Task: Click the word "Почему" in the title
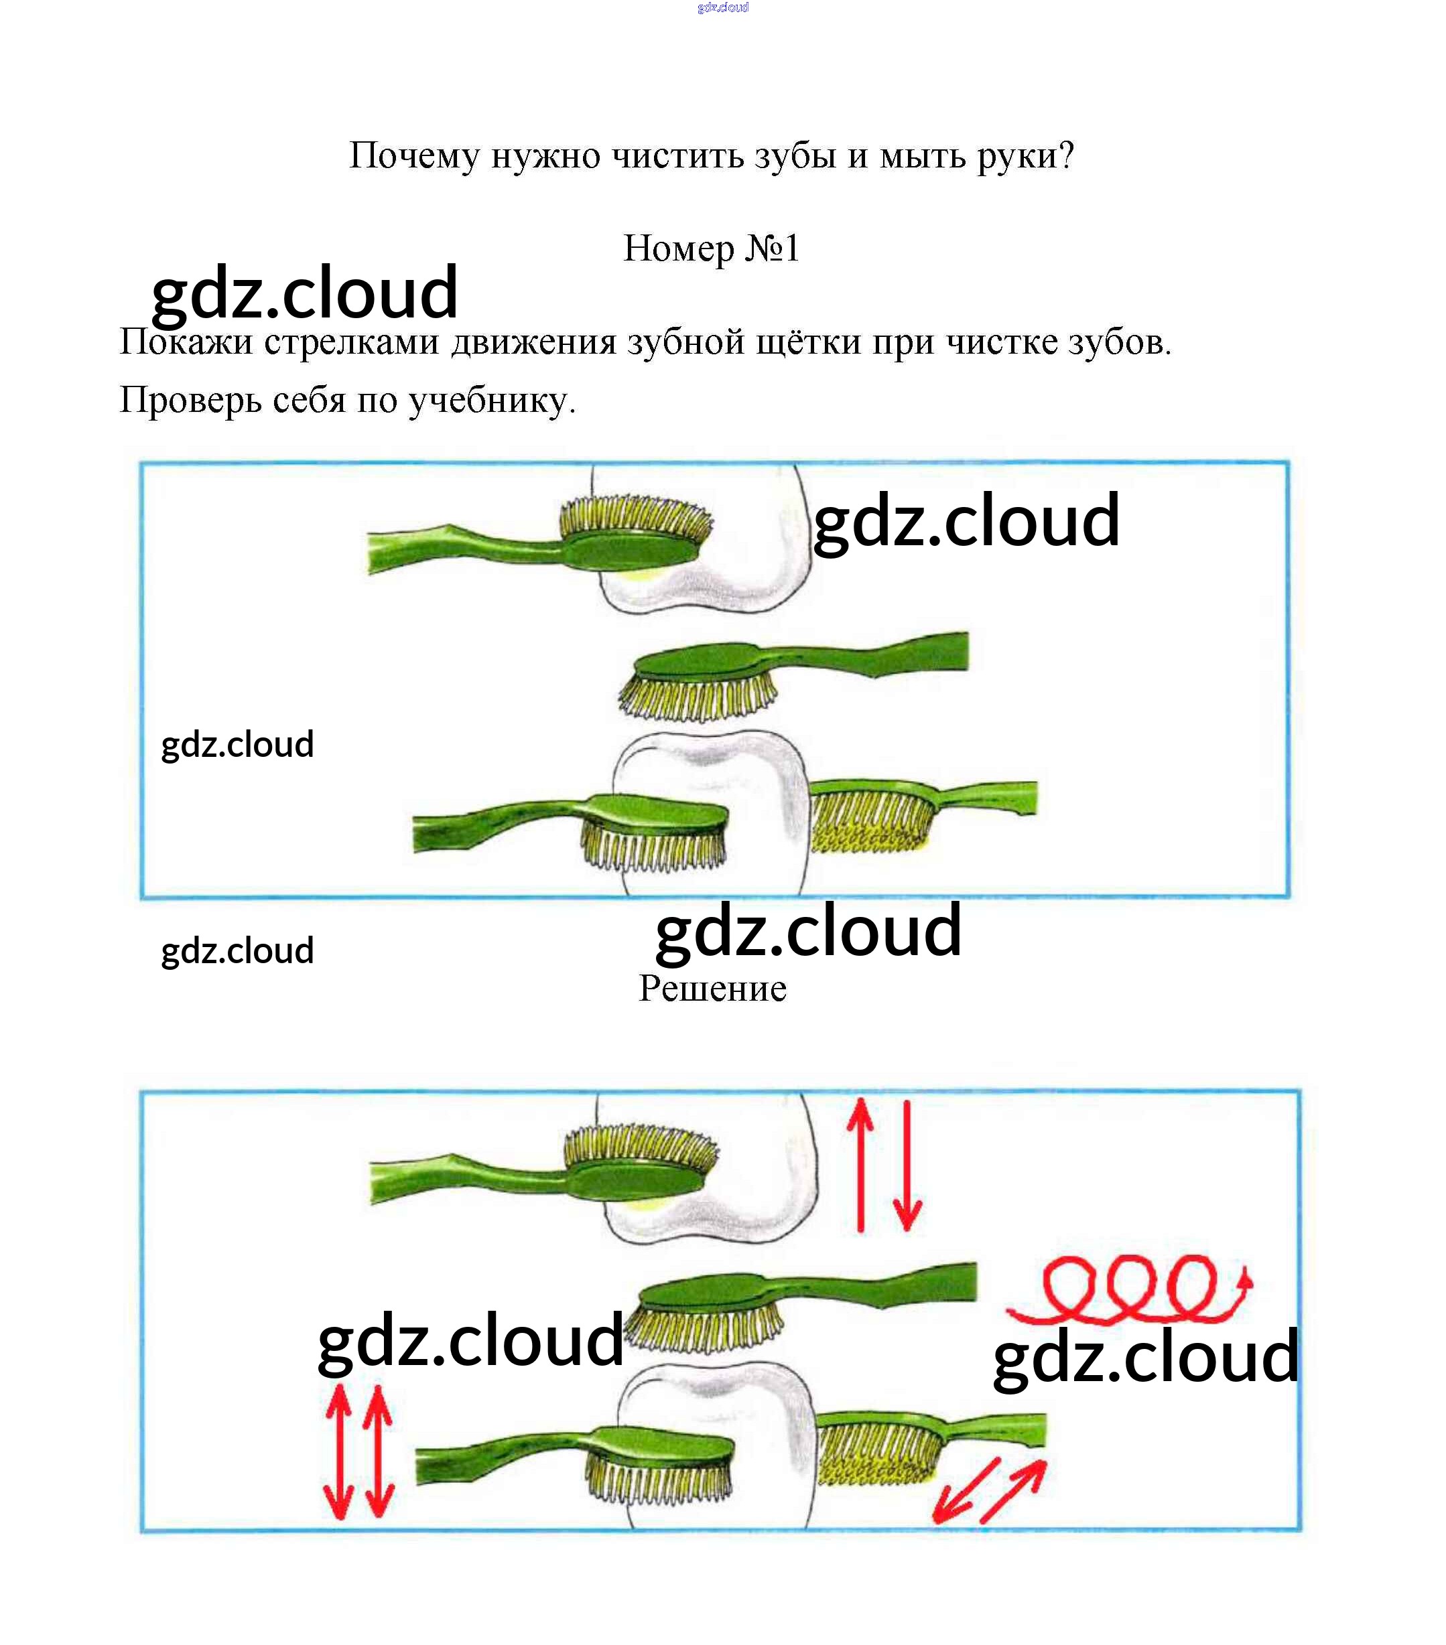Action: pos(414,156)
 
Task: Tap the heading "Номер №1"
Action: pos(712,248)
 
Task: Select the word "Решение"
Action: pos(712,989)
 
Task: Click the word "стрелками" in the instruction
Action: pos(352,343)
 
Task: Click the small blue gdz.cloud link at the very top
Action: pos(723,7)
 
